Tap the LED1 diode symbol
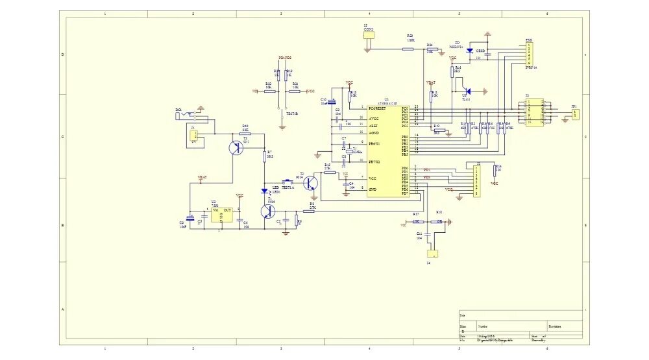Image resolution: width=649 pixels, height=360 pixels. pos(264,191)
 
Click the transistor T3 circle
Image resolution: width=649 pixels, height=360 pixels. pos(236,148)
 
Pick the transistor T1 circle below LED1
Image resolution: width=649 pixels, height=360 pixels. pos(267,211)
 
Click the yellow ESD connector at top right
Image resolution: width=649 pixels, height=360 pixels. pos(530,50)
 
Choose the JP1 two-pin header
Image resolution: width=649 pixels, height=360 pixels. pos(575,114)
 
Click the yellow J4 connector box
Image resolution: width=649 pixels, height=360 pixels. pos(433,254)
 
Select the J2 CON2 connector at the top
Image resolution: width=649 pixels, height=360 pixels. pos(369,42)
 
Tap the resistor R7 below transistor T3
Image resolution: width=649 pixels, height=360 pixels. pos(264,156)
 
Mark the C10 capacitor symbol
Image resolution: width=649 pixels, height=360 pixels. pos(331,101)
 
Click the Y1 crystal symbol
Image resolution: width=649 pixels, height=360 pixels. pos(349,152)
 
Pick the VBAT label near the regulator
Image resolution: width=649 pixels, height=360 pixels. pos(202,176)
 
